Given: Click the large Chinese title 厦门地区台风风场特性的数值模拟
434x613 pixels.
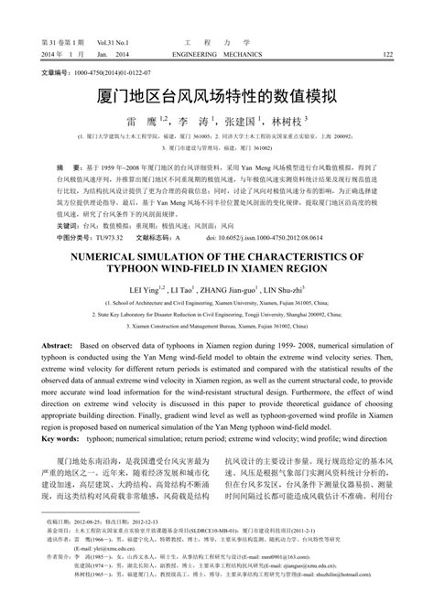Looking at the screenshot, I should (x=216, y=94).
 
